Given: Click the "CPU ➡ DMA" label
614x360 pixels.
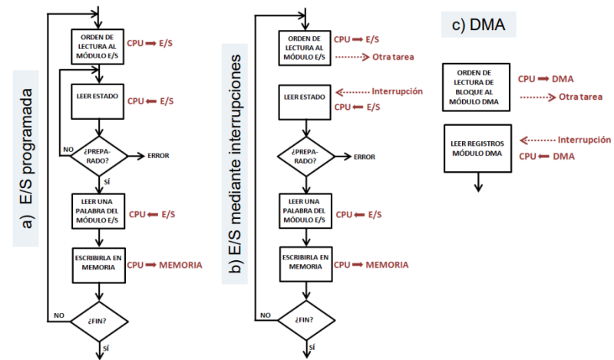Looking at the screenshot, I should tap(546, 78).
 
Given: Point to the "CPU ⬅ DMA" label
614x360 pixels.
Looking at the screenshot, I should tap(546, 157).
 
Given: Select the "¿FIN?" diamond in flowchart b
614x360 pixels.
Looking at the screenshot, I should tap(305, 318).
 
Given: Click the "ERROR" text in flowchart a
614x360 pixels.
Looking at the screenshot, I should tap(157, 156).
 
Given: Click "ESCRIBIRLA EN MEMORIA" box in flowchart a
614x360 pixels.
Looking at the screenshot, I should tap(97, 263).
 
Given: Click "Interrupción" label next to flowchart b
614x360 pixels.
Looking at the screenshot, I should tap(397, 91).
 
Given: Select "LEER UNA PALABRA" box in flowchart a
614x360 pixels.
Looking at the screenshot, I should tap(97, 210).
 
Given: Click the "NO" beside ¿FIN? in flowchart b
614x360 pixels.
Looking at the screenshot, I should tap(265, 315).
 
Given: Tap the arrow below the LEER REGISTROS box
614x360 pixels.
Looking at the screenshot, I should tap(478, 183).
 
